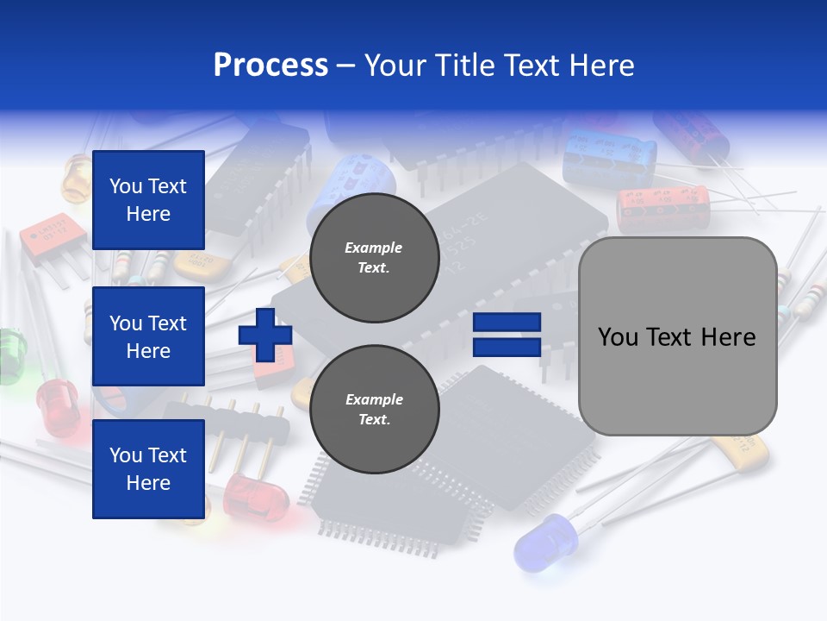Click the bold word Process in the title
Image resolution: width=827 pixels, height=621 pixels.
(270, 66)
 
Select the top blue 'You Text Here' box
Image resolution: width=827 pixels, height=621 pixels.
(148, 200)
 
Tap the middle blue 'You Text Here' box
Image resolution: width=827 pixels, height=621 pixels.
(148, 336)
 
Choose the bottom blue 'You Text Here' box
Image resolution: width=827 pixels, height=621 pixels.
(148, 469)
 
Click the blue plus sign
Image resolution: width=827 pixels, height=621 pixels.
(265, 335)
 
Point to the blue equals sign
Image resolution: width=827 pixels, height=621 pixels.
(507, 335)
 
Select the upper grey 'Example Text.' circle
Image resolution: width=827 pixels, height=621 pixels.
(374, 258)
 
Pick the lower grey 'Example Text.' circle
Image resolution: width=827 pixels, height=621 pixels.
(374, 410)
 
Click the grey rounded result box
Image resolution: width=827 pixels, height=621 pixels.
(677, 336)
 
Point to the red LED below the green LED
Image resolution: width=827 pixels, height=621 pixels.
(59, 405)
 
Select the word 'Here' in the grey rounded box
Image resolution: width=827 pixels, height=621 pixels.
(730, 337)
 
